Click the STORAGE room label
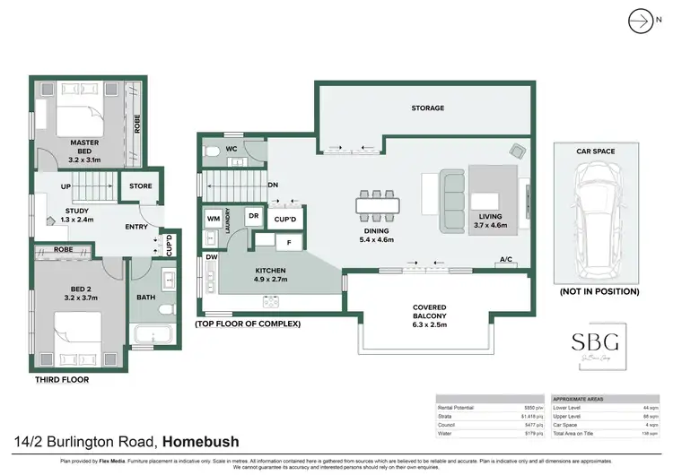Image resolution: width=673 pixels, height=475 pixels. (x=427, y=108)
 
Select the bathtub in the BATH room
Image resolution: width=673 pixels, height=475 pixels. (x=155, y=336)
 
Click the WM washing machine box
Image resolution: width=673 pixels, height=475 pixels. (x=214, y=218)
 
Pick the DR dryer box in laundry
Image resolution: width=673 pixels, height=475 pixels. (x=254, y=216)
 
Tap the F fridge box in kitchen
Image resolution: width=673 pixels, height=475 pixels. (x=289, y=241)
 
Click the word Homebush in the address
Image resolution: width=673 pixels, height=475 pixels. (x=202, y=440)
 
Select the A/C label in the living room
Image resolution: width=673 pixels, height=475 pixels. (x=506, y=261)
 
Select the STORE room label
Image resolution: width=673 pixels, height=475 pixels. (x=141, y=186)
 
